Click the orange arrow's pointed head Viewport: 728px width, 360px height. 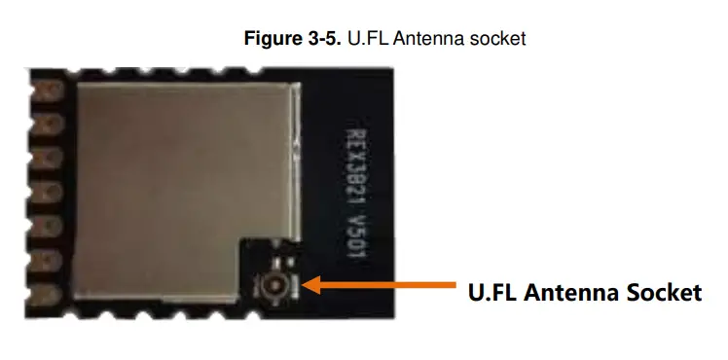(310, 285)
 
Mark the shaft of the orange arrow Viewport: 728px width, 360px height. (389, 285)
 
